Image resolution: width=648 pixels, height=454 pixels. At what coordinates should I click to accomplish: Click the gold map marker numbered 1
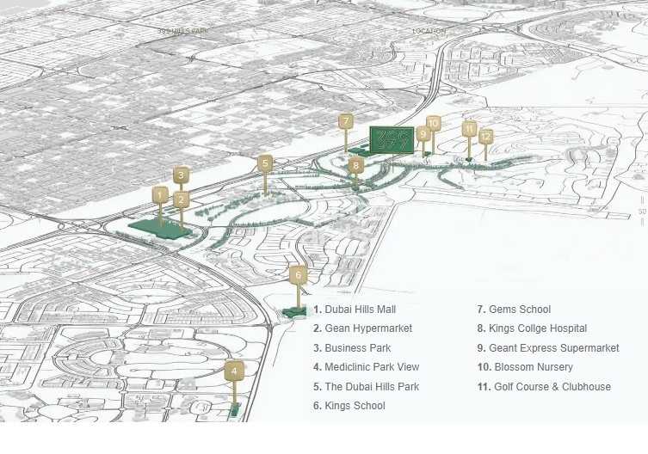(159, 195)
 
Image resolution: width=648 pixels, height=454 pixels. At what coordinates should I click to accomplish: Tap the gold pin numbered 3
(181, 175)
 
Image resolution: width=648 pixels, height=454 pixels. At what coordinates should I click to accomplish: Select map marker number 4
(234, 371)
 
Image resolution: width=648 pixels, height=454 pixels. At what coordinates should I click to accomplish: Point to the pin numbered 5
(265, 163)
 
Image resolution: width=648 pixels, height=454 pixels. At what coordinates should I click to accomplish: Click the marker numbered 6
(298, 275)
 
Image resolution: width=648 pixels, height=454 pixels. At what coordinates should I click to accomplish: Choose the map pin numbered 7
(345, 121)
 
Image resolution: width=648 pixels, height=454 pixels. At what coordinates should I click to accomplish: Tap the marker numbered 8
(356, 164)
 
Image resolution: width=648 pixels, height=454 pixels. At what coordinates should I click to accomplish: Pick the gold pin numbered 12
(485, 136)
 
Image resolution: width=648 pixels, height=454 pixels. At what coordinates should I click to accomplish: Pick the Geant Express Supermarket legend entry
(553, 348)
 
